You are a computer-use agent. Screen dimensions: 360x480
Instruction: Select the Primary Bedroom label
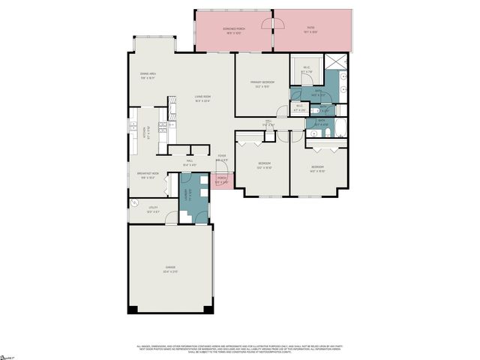click(264, 84)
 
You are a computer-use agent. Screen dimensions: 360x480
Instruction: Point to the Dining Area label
click(147, 75)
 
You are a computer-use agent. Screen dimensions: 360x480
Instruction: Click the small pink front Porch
click(222, 180)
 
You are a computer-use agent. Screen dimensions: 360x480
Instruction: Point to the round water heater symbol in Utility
click(136, 202)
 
